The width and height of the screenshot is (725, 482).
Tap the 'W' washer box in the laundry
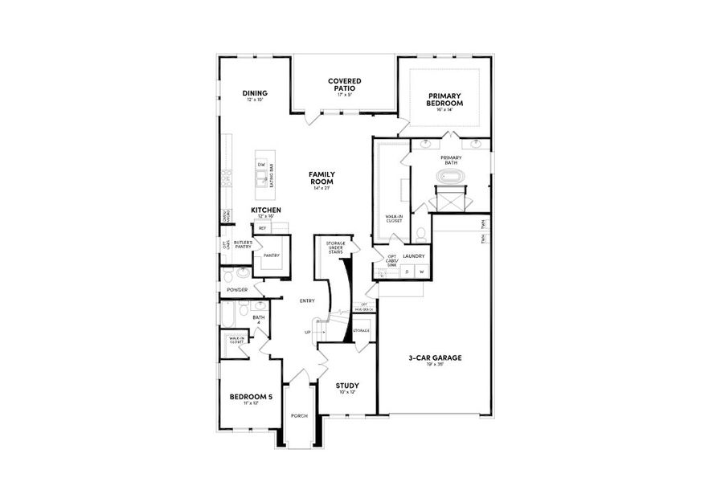point(420,272)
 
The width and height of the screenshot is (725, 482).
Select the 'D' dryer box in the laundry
point(407,272)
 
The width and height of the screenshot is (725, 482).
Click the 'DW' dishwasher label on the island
point(261,165)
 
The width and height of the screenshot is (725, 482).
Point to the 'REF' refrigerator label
point(262,228)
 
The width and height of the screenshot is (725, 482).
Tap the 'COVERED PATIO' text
point(345,84)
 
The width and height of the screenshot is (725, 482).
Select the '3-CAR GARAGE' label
point(435,358)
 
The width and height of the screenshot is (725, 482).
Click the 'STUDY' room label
point(347,386)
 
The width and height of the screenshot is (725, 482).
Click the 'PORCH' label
point(299,415)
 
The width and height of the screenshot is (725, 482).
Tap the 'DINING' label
point(255,93)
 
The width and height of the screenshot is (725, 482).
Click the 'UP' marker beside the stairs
point(307,332)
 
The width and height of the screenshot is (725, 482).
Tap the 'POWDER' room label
point(237,289)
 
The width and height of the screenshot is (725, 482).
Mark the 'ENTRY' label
point(306,300)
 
